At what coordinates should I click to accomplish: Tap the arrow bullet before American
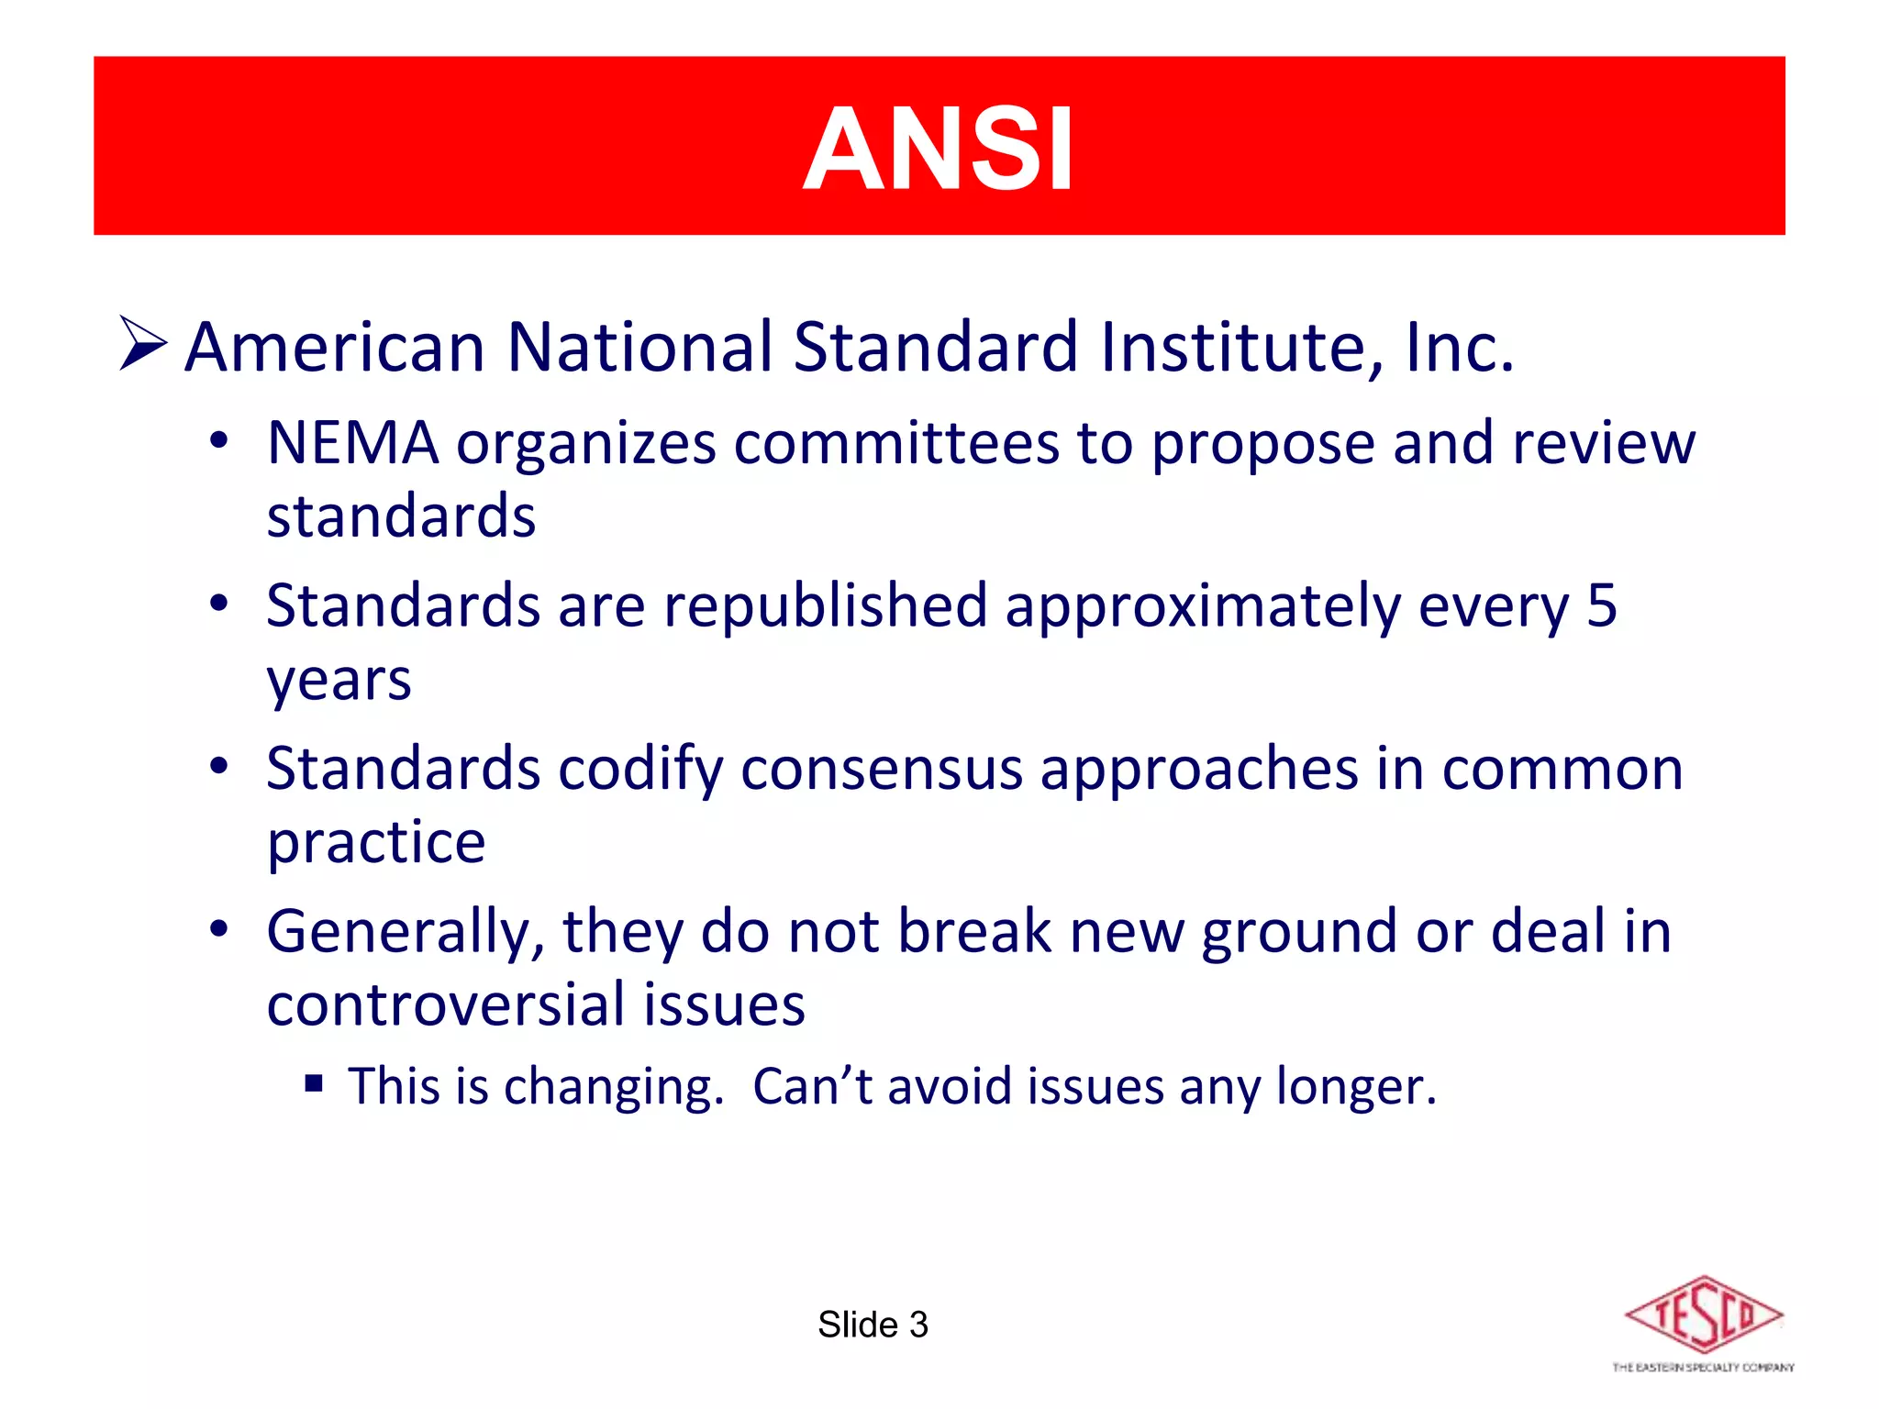pos(142,343)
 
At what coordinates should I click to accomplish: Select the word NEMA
pos(352,443)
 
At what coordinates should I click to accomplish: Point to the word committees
pos(895,443)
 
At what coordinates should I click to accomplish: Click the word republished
pos(826,606)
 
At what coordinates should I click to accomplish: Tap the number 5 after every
pos(1601,606)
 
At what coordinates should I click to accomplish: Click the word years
pos(339,682)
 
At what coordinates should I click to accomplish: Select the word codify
pos(640,769)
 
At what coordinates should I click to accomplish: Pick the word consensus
pos(881,769)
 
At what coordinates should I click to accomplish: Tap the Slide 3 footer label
pos(873,1325)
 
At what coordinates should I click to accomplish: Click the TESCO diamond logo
pos(1703,1315)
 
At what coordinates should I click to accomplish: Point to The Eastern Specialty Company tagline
pos(1703,1368)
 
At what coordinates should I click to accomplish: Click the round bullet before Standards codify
pos(218,766)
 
